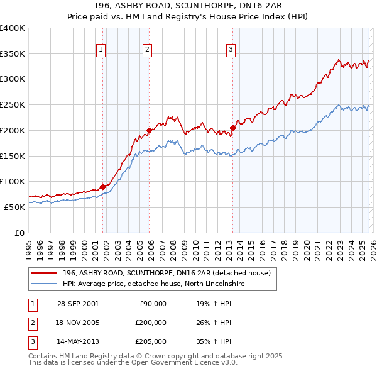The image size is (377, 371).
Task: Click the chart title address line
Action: coord(188,6)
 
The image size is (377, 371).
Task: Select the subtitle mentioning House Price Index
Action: coord(188,16)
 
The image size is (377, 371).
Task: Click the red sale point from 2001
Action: coord(103,187)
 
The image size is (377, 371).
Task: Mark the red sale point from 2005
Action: coord(150,131)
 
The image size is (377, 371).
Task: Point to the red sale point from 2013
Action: coord(232,128)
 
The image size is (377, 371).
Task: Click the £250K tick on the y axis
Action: coord(13,104)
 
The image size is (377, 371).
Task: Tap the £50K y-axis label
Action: coord(14,207)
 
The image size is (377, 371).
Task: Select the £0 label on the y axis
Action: coord(19,233)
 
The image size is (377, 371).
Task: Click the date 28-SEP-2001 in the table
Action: coord(77,304)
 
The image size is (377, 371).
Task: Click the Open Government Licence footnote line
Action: coord(133,362)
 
